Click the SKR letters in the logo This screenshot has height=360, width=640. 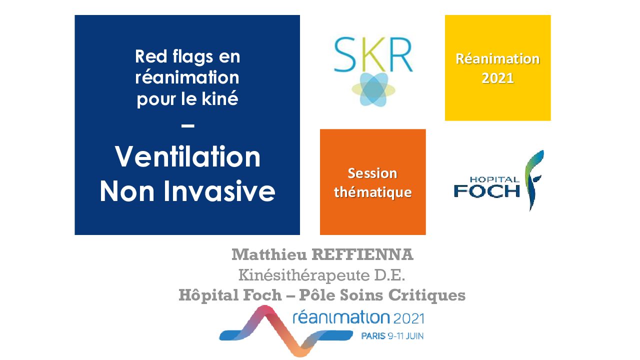(x=373, y=54)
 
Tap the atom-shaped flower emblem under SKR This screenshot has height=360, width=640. (x=373, y=89)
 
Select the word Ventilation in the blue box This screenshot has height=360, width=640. (x=187, y=157)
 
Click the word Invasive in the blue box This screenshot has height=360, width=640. (x=219, y=191)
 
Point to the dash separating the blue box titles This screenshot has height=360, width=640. (x=188, y=125)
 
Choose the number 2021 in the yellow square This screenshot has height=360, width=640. (x=497, y=78)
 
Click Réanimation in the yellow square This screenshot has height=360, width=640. (x=497, y=59)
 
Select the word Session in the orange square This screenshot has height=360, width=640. (x=372, y=173)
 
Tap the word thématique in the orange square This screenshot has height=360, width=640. (x=373, y=192)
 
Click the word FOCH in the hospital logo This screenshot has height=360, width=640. (x=487, y=191)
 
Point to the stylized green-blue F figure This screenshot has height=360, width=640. (x=533, y=180)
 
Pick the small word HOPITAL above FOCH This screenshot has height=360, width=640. (x=494, y=179)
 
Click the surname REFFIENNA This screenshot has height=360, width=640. (x=362, y=254)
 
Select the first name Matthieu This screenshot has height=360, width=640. (x=269, y=254)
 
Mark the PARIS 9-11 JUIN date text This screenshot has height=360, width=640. (x=392, y=336)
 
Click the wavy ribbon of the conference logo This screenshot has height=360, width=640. (x=285, y=331)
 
